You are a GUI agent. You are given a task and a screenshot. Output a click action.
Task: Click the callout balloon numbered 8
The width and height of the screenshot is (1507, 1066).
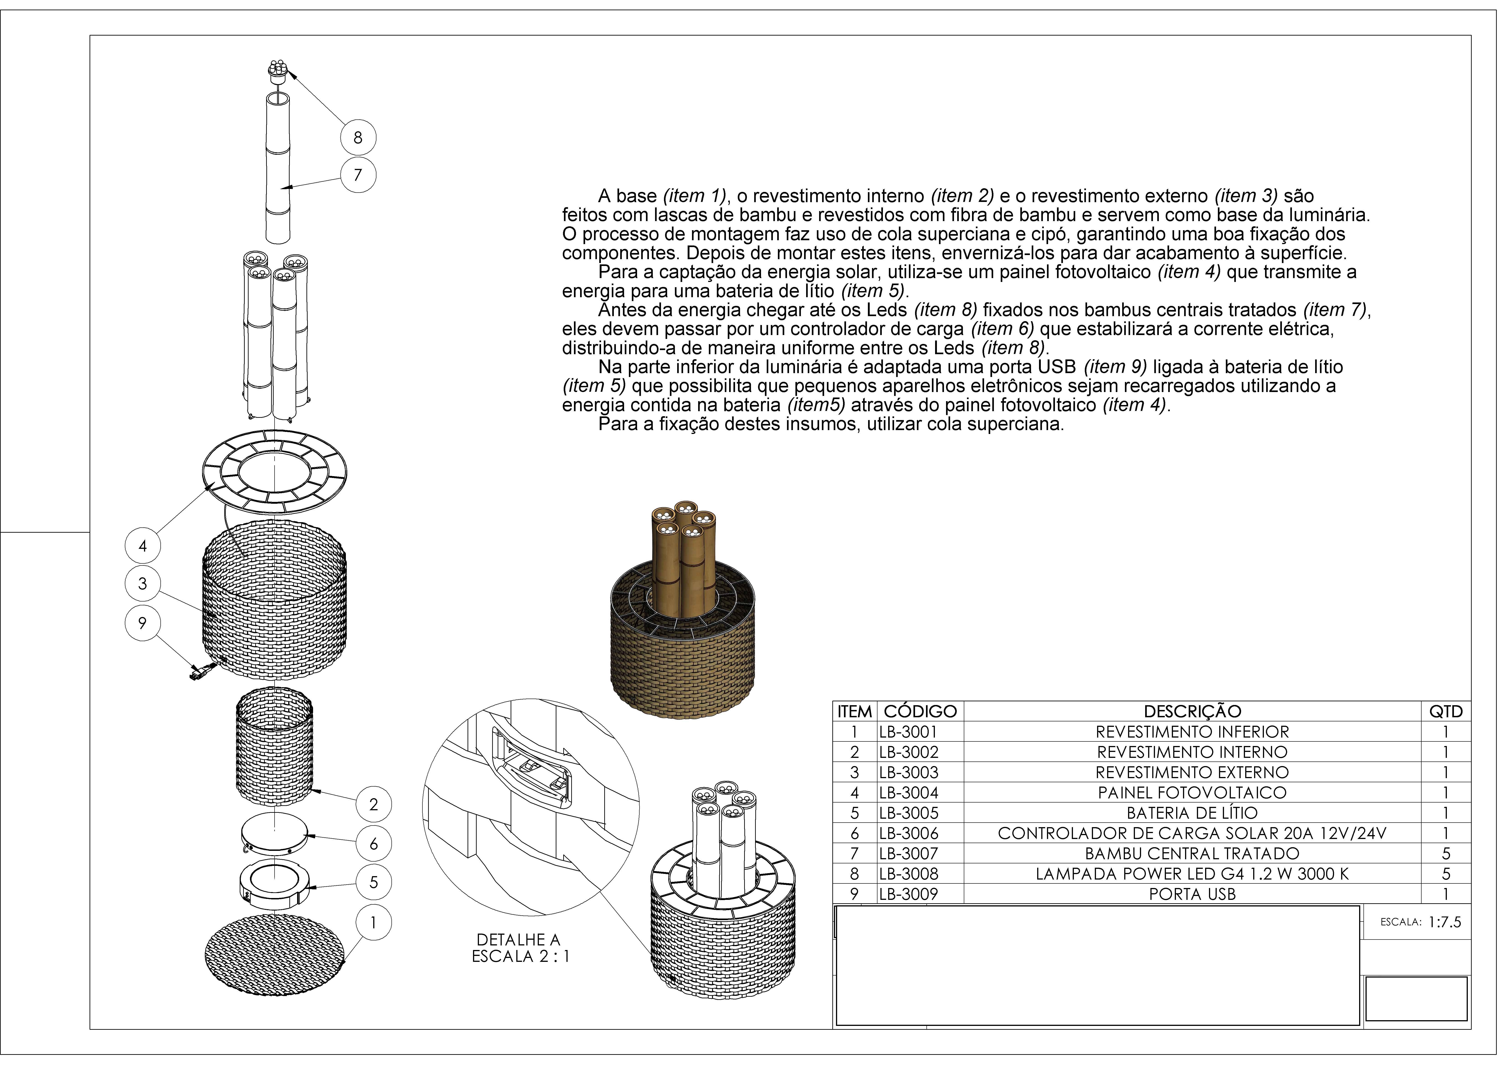tap(358, 138)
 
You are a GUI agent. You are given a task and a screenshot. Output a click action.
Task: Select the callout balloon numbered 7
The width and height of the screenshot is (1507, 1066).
tap(358, 175)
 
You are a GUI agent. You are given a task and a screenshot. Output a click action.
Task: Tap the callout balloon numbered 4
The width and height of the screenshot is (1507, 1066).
tap(142, 545)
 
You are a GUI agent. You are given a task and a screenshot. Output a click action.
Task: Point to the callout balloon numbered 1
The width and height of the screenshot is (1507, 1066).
tap(373, 923)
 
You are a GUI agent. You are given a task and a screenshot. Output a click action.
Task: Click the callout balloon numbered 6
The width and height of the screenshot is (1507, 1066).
tap(373, 844)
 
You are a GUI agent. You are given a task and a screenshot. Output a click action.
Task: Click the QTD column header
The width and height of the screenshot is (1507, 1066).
tap(1446, 712)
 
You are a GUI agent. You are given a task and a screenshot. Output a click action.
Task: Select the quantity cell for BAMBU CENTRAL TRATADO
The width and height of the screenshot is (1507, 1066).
tap(1446, 853)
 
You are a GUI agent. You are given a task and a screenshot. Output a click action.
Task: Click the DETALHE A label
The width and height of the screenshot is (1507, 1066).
tap(519, 940)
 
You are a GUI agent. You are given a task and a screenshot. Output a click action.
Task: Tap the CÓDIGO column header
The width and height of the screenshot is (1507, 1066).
tap(920, 712)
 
